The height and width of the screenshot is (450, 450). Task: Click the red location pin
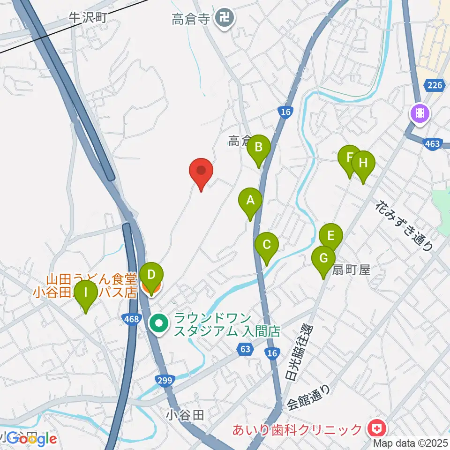point(201,172)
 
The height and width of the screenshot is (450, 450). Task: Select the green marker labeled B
point(258,148)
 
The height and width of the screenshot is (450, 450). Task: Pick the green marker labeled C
point(267,246)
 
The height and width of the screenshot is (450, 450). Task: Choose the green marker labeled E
point(331,236)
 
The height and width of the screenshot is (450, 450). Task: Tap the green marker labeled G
point(323,259)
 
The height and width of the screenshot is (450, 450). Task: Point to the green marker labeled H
point(363,164)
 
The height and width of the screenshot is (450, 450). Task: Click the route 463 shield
point(433,143)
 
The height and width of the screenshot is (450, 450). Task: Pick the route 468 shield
point(132,319)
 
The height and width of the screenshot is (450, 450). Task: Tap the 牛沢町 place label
point(89,17)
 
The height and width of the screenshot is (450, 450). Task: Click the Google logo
point(31,439)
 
